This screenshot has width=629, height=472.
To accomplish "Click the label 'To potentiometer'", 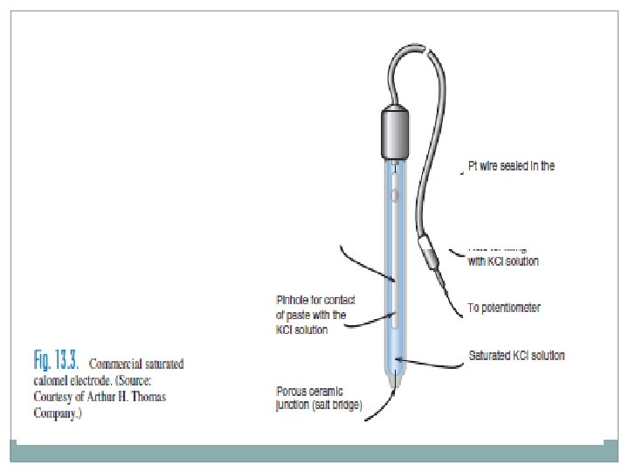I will [x=504, y=308].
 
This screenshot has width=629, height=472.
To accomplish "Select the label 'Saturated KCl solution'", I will [x=516, y=355].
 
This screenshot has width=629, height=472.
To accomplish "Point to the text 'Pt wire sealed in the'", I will [x=511, y=165].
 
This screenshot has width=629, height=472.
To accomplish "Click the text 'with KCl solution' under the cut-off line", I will [x=503, y=261].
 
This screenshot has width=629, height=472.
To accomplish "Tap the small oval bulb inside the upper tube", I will [x=395, y=195].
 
